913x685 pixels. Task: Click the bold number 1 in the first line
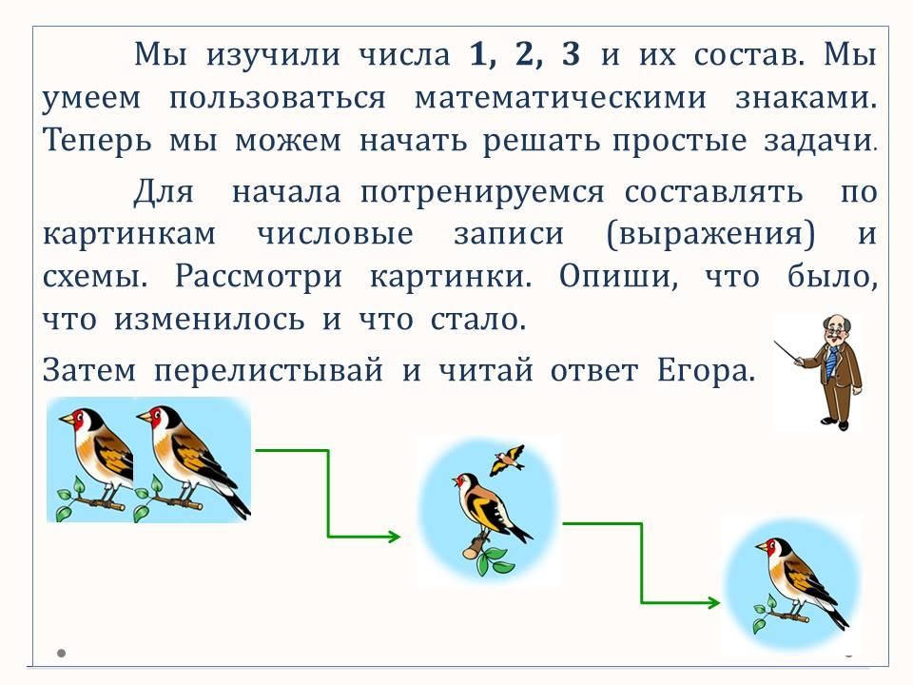click(479, 54)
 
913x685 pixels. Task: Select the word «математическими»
click(560, 97)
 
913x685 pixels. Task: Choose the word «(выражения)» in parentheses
click(710, 234)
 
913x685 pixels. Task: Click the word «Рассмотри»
click(259, 276)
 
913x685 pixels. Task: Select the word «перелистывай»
click(268, 370)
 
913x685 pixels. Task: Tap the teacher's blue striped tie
click(831, 362)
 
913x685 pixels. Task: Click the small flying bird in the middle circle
click(507, 459)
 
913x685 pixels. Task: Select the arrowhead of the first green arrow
click(394, 536)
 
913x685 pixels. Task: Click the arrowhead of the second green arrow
click(713, 602)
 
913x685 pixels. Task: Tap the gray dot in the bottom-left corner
click(61, 653)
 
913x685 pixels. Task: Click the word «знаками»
click(806, 97)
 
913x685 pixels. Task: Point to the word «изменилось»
click(209, 320)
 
